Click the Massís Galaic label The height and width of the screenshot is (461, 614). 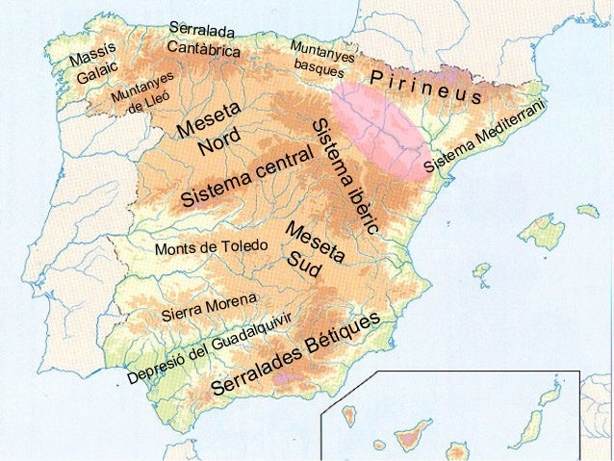(x=93, y=63)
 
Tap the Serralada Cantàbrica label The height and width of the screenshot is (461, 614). (x=202, y=38)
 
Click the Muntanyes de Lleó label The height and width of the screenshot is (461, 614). (x=141, y=91)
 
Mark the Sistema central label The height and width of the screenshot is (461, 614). (x=247, y=177)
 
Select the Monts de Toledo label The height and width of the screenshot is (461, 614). (x=210, y=247)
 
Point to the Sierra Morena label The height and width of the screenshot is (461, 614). (x=208, y=302)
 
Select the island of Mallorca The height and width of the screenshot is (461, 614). (x=540, y=232)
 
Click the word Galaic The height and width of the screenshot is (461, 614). (x=98, y=72)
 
